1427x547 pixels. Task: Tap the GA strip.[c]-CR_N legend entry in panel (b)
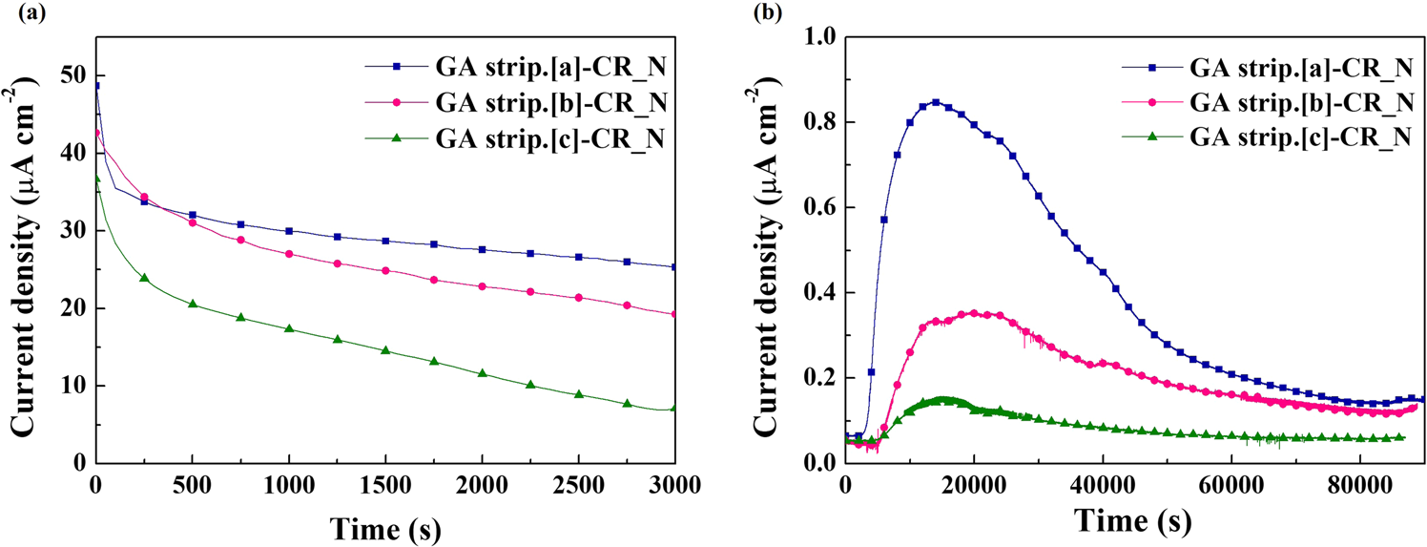point(1302,137)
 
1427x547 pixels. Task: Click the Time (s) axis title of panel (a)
point(384,525)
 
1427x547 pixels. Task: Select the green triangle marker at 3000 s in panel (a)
point(674,409)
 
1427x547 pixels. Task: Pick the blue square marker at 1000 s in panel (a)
point(289,231)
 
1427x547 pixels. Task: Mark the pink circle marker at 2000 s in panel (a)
point(482,286)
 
